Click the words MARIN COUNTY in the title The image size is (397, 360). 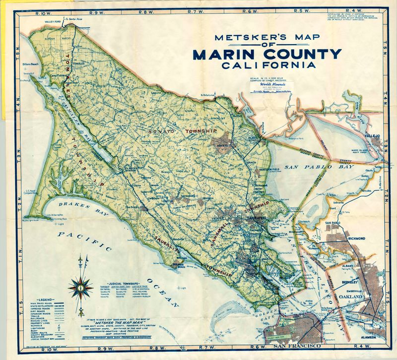(267, 54)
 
